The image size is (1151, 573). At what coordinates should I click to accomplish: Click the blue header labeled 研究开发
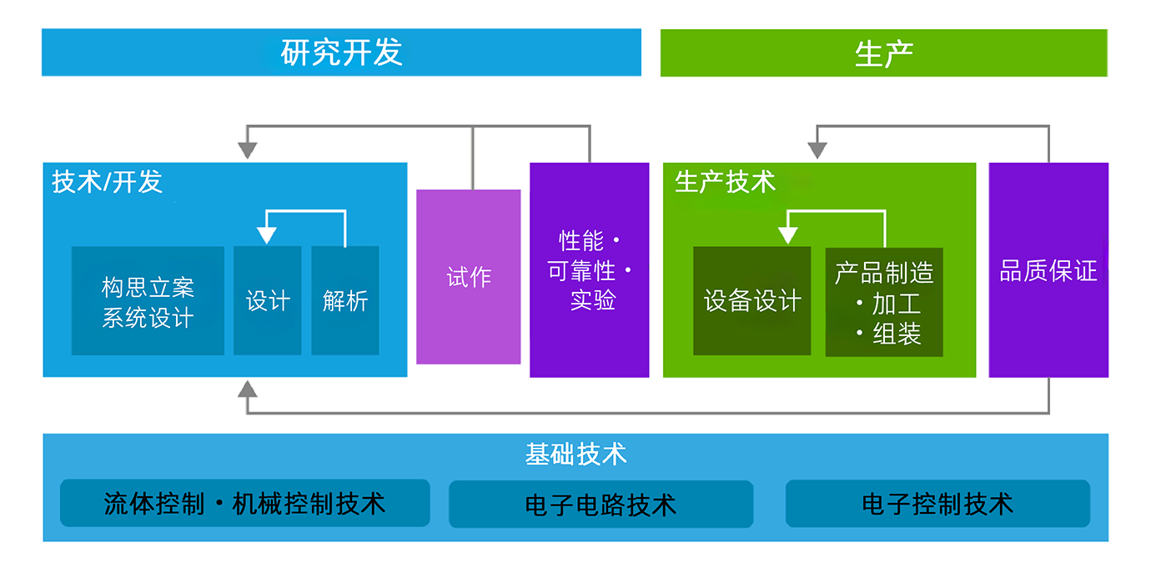point(341,53)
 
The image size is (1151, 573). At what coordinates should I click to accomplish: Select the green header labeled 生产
point(884,53)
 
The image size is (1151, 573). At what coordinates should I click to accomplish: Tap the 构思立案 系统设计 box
point(148,300)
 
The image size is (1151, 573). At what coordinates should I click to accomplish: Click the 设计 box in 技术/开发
point(267,300)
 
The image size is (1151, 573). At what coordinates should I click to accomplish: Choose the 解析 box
point(345,300)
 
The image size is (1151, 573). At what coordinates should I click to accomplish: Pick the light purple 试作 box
point(469,277)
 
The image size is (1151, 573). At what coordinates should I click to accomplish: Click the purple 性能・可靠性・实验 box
point(590,270)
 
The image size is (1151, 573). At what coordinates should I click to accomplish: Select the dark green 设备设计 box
point(751,301)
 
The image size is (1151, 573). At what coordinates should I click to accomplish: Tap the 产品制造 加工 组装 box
point(884,302)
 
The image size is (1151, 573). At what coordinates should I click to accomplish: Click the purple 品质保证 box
point(1048,270)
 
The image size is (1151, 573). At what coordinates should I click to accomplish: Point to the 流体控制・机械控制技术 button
point(245,503)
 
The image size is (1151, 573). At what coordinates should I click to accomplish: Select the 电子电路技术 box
point(601,504)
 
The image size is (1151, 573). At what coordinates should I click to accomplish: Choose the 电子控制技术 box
point(937,504)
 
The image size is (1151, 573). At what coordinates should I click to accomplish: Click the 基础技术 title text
point(575,455)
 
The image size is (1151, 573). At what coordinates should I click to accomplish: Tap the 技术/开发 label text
point(108,182)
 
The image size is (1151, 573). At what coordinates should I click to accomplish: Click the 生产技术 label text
point(725,182)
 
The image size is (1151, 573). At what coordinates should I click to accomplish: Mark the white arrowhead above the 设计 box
point(267,235)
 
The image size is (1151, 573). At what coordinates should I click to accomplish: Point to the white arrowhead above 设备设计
point(787,235)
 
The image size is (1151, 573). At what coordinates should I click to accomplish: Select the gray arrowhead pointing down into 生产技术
point(817,151)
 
